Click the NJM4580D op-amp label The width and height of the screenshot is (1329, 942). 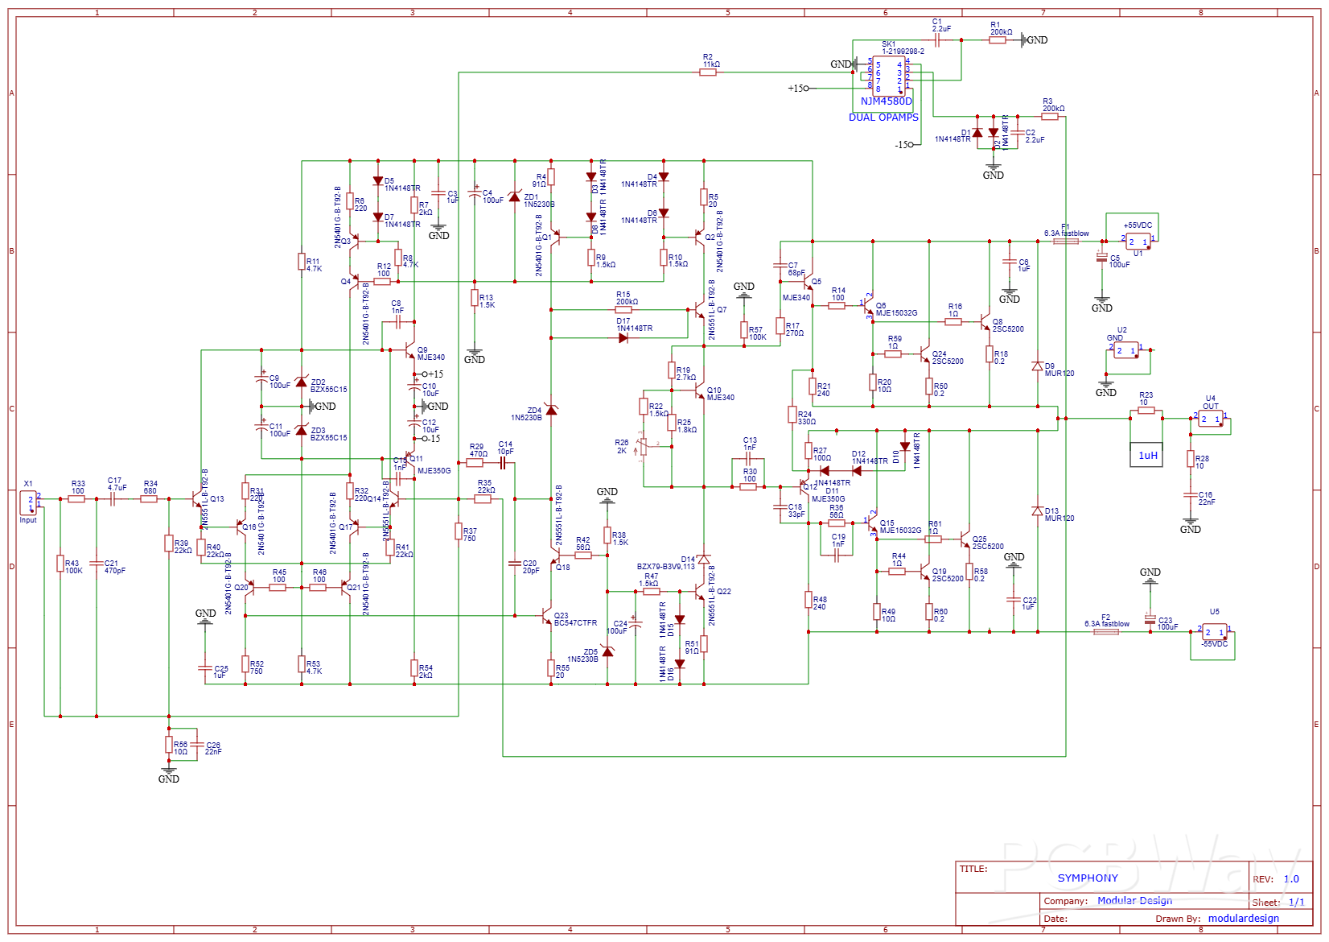click(x=886, y=101)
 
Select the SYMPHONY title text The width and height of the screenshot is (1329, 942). click(x=1088, y=878)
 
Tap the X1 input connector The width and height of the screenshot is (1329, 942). click(x=28, y=503)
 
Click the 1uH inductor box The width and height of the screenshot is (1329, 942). click(x=1146, y=455)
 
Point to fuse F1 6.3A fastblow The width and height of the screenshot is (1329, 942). click(x=1066, y=241)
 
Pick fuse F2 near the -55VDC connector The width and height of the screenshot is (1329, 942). click(x=1106, y=631)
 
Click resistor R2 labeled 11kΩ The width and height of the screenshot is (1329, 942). click(x=708, y=72)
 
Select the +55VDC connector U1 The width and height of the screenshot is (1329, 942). click(x=1138, y=242)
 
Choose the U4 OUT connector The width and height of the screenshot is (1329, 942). click(x=1211, y=419)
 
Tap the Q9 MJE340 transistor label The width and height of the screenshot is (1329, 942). click(x=430, y=354)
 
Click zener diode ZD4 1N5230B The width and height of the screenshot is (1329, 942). click(x=551, y=410)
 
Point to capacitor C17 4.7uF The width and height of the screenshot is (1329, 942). click(x=113, y=498)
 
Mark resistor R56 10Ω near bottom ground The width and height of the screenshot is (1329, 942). click(x=169, y=744)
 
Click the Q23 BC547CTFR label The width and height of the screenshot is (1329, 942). click(x=574, y=619)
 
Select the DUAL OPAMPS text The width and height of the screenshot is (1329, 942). click(x=883, y=118)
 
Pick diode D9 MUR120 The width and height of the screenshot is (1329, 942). click(x=1038, y=366)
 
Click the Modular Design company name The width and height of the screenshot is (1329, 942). click(x=1134, y=901)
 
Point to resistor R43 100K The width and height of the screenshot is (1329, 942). click(x=60, y=564)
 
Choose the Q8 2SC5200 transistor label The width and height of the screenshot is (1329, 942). click(x=1007, y=325)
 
